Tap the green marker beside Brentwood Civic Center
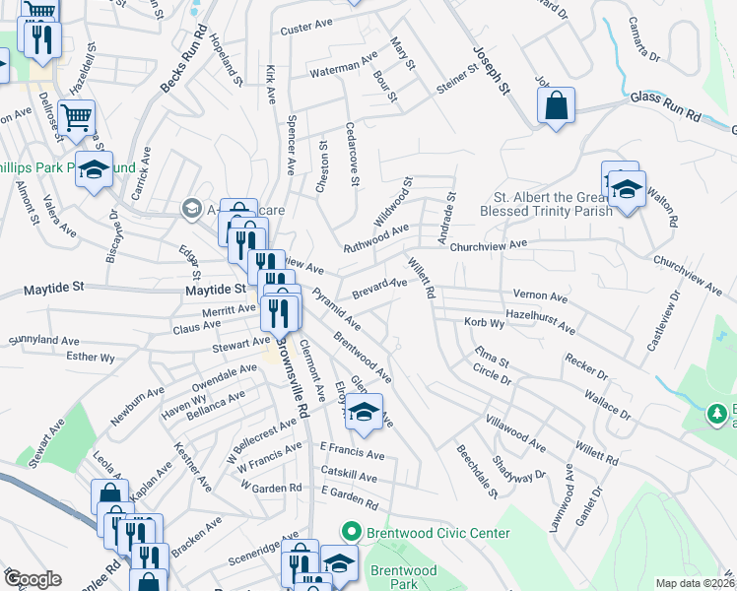(x=349, y=532)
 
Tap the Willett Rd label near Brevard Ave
(x=421, y=277)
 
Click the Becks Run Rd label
(x=182, y=71)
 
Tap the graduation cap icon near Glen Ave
(x=364, y=413)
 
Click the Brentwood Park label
(x=404, y=578)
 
